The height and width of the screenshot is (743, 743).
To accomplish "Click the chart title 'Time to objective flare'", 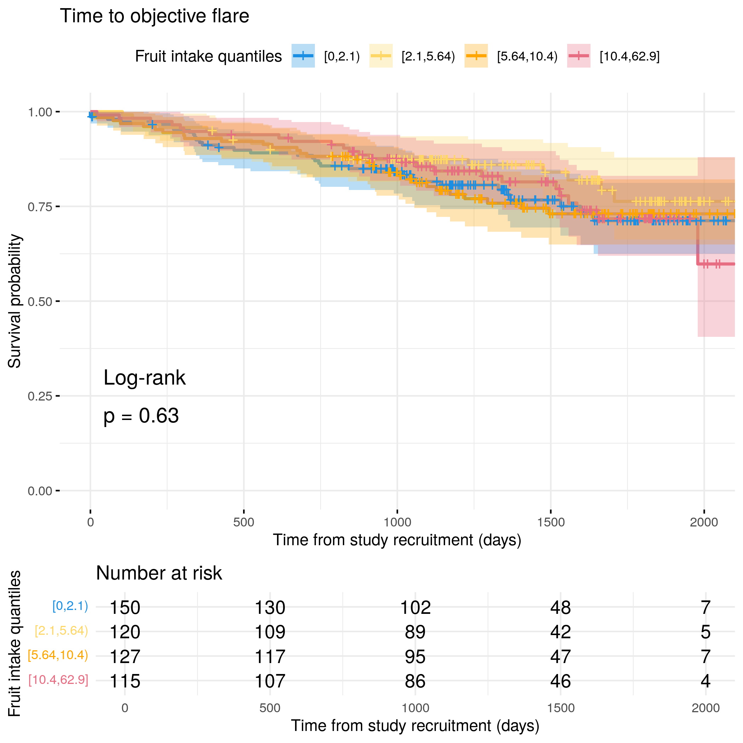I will click(x=154, y=16).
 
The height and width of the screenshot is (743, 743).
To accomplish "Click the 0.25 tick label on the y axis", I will click(x=40, y=396).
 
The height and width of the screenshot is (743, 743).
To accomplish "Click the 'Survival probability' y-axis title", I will click(x=15, y=301).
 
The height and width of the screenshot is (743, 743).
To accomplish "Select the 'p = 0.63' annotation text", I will click(x=141, y=416).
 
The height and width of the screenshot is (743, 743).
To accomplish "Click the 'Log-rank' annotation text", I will click(x=145, y=378).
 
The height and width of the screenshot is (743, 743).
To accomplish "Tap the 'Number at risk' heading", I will click(x=159, y=573).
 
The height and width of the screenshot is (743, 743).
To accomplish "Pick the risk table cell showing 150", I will click(x=125, y=607).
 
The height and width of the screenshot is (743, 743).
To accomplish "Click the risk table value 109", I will click(x=270, y=632).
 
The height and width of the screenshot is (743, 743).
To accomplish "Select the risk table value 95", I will click(x=415, y=656).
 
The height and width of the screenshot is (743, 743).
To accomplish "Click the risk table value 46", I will click(x=560, y=681).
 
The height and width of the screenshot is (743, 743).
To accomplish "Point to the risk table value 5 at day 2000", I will click(x=705, y=632).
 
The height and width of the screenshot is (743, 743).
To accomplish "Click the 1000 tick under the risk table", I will click(x=415, y=708).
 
